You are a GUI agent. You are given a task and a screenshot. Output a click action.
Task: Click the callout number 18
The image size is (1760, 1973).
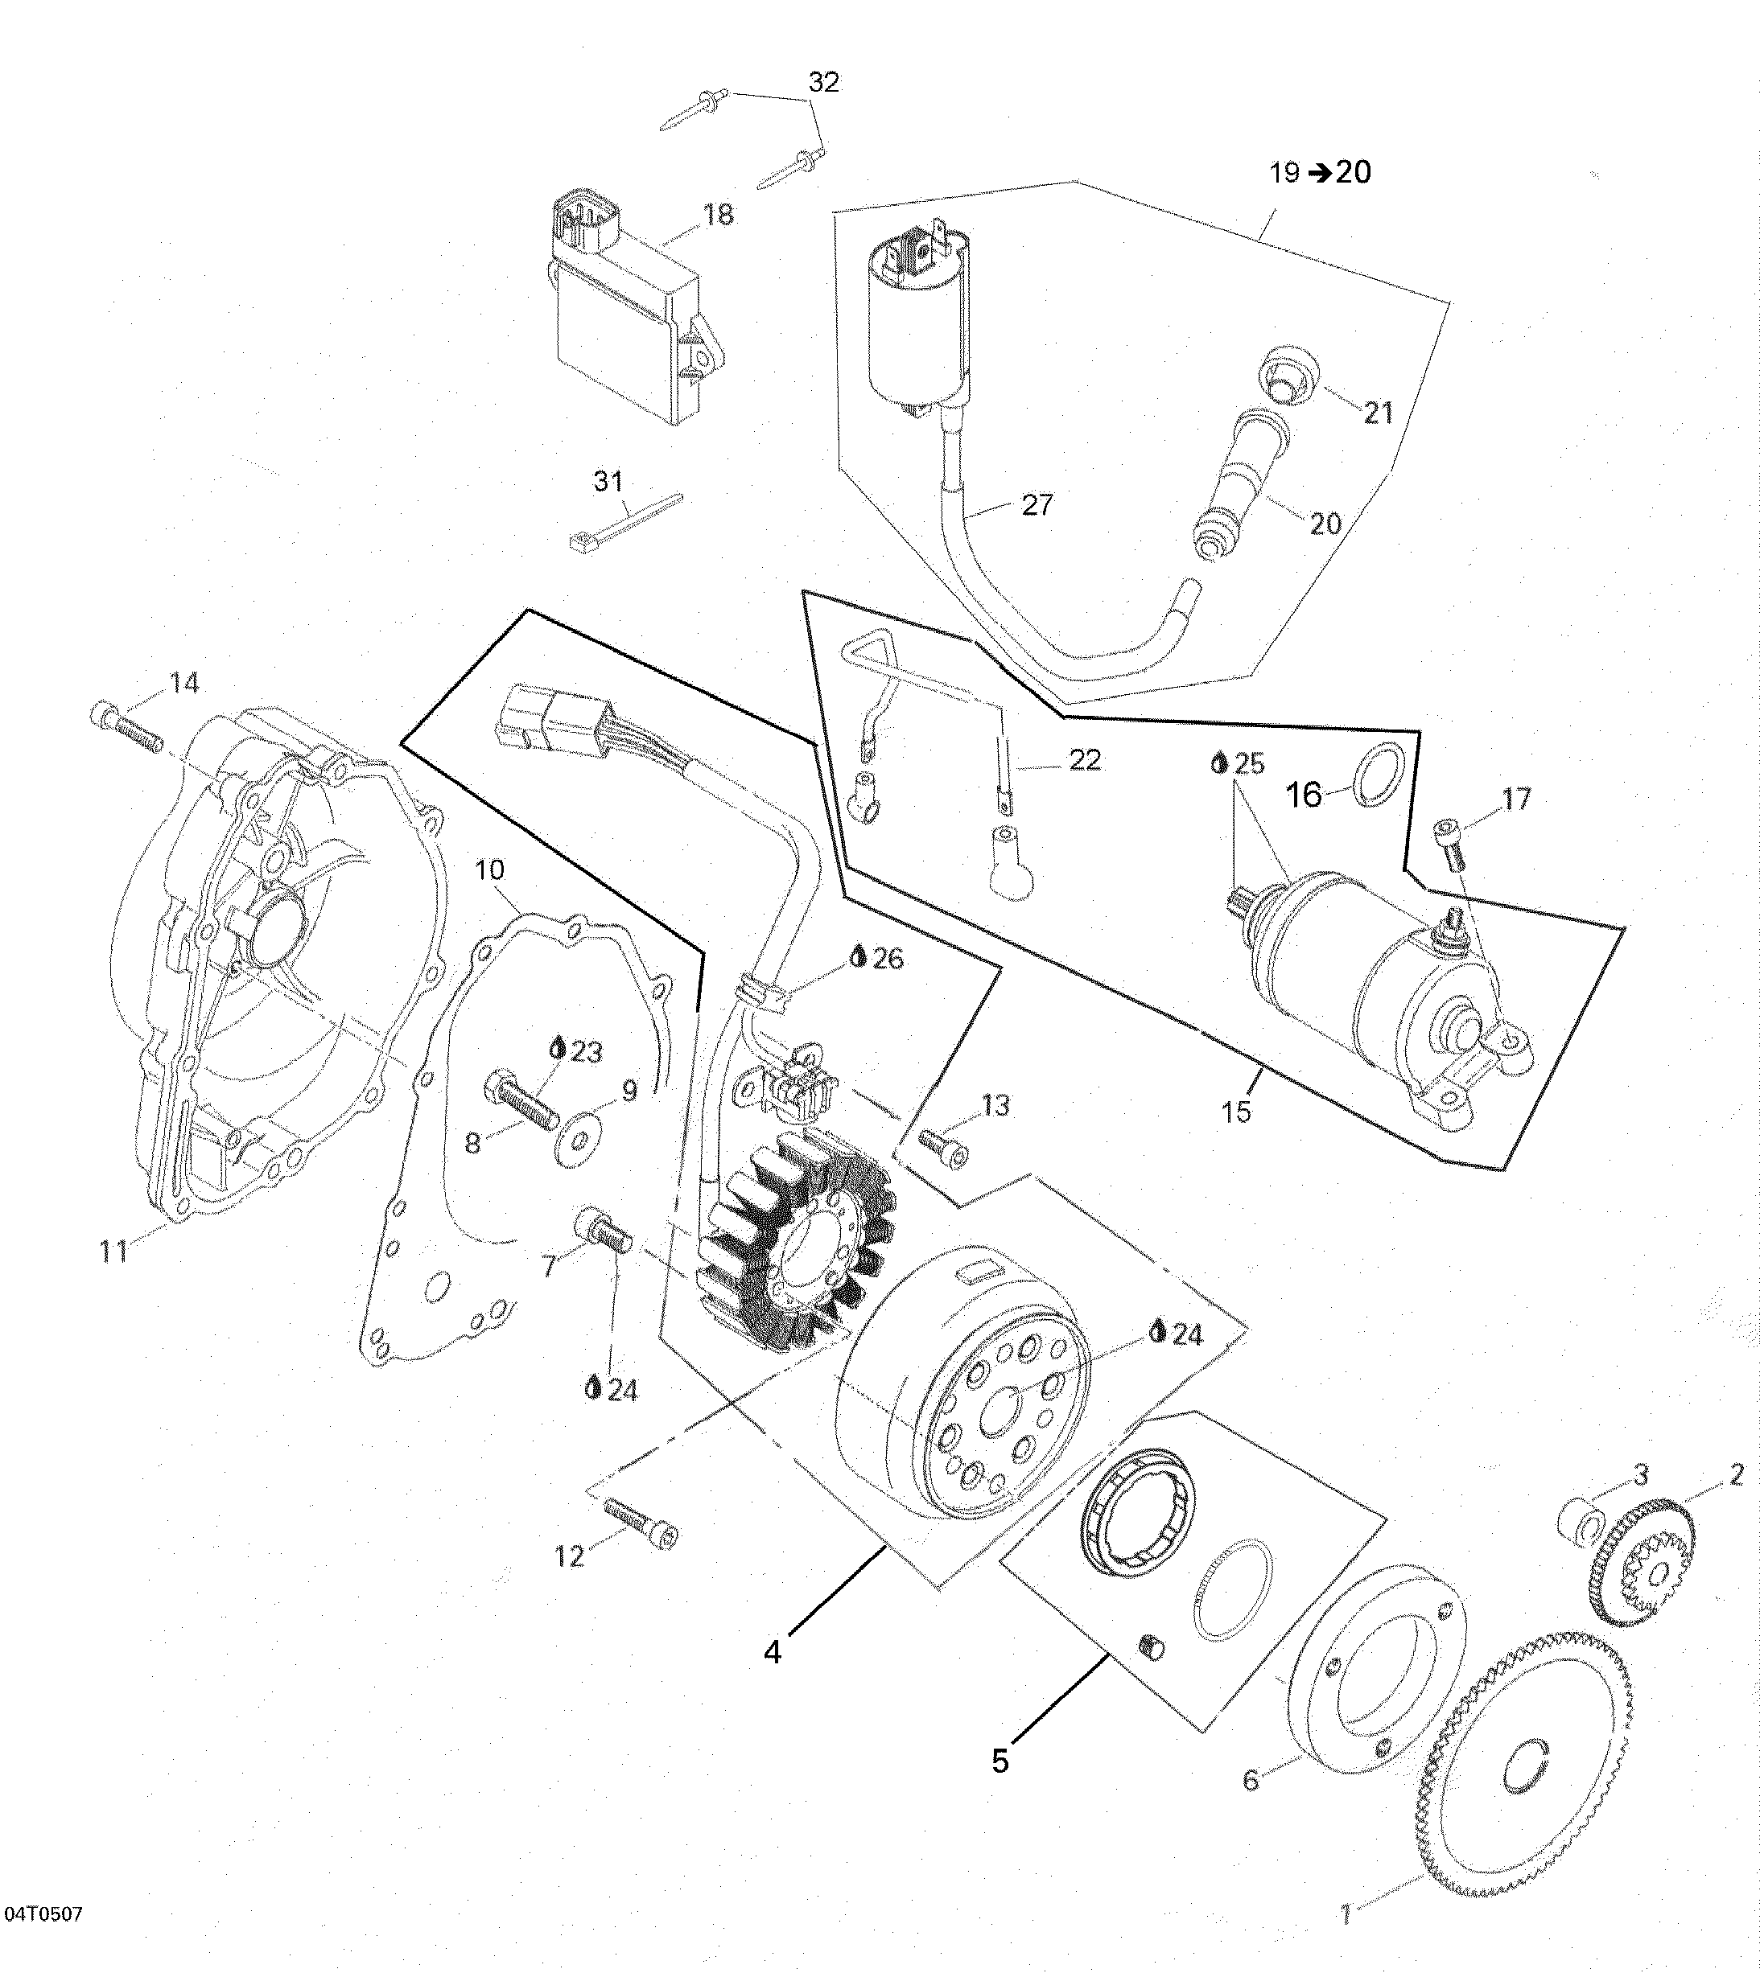pyautogui.click(x=719, y=214)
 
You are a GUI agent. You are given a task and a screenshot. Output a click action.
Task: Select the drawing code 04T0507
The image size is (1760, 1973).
pyautogui.click(x=43, y=1913)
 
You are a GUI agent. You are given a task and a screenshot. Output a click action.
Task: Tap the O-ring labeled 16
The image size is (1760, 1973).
pyautogui.click(x=1377, y=775)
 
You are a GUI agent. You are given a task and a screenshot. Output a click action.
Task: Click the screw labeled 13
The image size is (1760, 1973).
pyautogui.click(x=943, y=1149)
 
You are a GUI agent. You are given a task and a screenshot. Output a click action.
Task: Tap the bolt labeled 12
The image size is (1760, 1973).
pyautogui.click(x=641, y=1523)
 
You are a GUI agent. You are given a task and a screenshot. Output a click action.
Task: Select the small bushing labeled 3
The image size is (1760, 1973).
pyautogui.click(x=1581, y=1517)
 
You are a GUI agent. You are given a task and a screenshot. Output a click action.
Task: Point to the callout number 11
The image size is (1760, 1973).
pyautogui.click(x=114, y=1251)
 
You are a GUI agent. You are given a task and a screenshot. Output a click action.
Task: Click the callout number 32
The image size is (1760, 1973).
pyautogui.click(x=824, y=82)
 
